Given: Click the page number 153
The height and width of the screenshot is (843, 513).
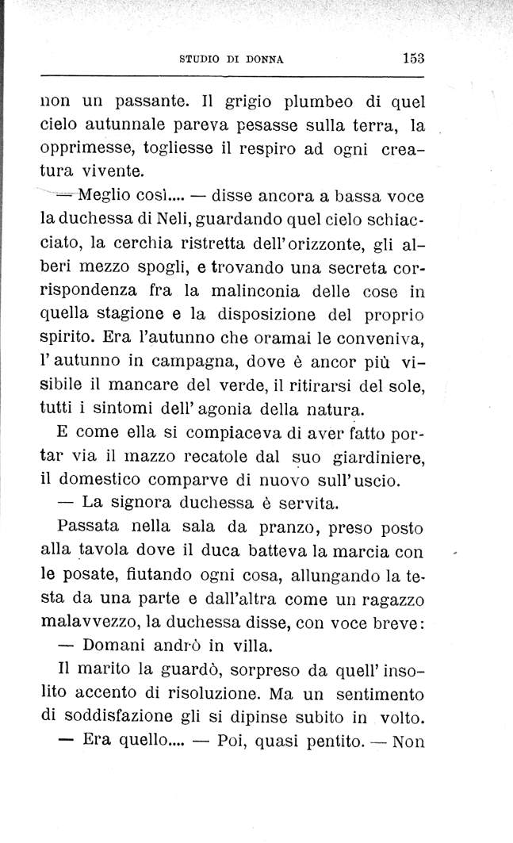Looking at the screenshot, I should (x=413, y=57).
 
